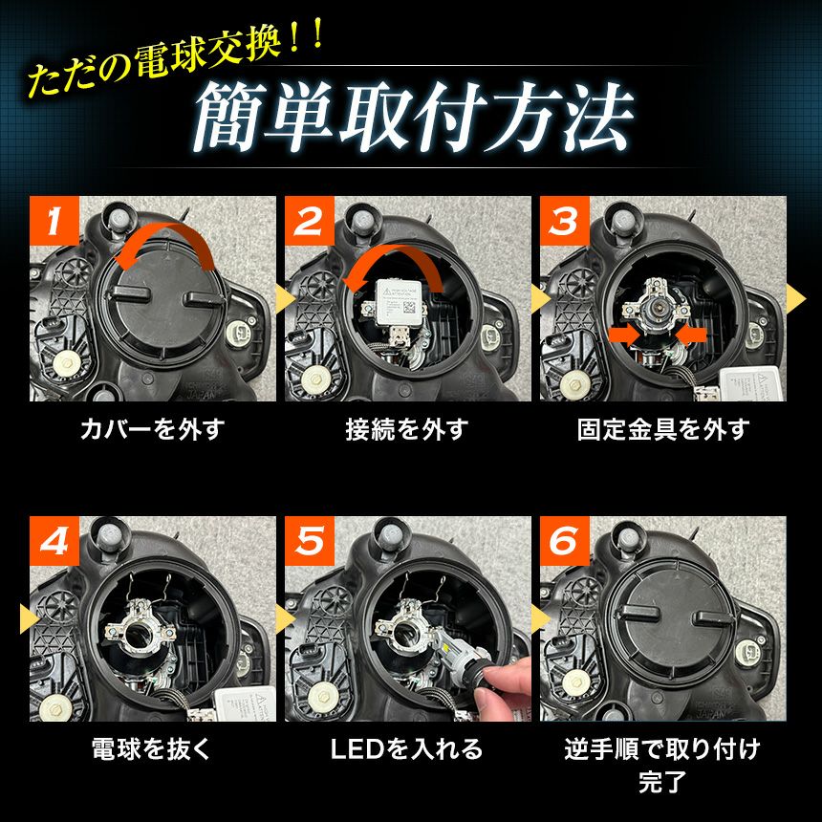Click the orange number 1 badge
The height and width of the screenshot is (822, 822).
[x=54, y=221]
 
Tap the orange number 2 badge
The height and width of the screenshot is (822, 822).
[x=310, y=221]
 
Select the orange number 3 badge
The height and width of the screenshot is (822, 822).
[x=565, y=221]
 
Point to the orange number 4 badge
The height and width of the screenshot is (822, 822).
[x=54, y=540]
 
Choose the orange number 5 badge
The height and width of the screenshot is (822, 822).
[x=310, y=540]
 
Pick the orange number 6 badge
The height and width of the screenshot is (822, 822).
[x=565, y=540]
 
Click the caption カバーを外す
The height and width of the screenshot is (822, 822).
[x=153, y=429]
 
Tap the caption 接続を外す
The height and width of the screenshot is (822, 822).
[x=407, y=429]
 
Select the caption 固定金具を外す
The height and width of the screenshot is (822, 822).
[x=663, y=429]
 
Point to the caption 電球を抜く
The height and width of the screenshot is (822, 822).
[x=151, y=748]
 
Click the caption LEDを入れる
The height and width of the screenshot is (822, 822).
[x=407, y=748]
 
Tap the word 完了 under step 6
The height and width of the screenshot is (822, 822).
[x=662, y=781]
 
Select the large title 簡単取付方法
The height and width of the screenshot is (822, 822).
[x=414, y=118]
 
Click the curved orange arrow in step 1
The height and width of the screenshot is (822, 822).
[x=166, y=233]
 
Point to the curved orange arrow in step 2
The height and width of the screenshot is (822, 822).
[x=393, y=256]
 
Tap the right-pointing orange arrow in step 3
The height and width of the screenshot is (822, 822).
[x=625, y=334]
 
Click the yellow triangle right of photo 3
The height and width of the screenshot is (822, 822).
[x=796, y=299]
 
